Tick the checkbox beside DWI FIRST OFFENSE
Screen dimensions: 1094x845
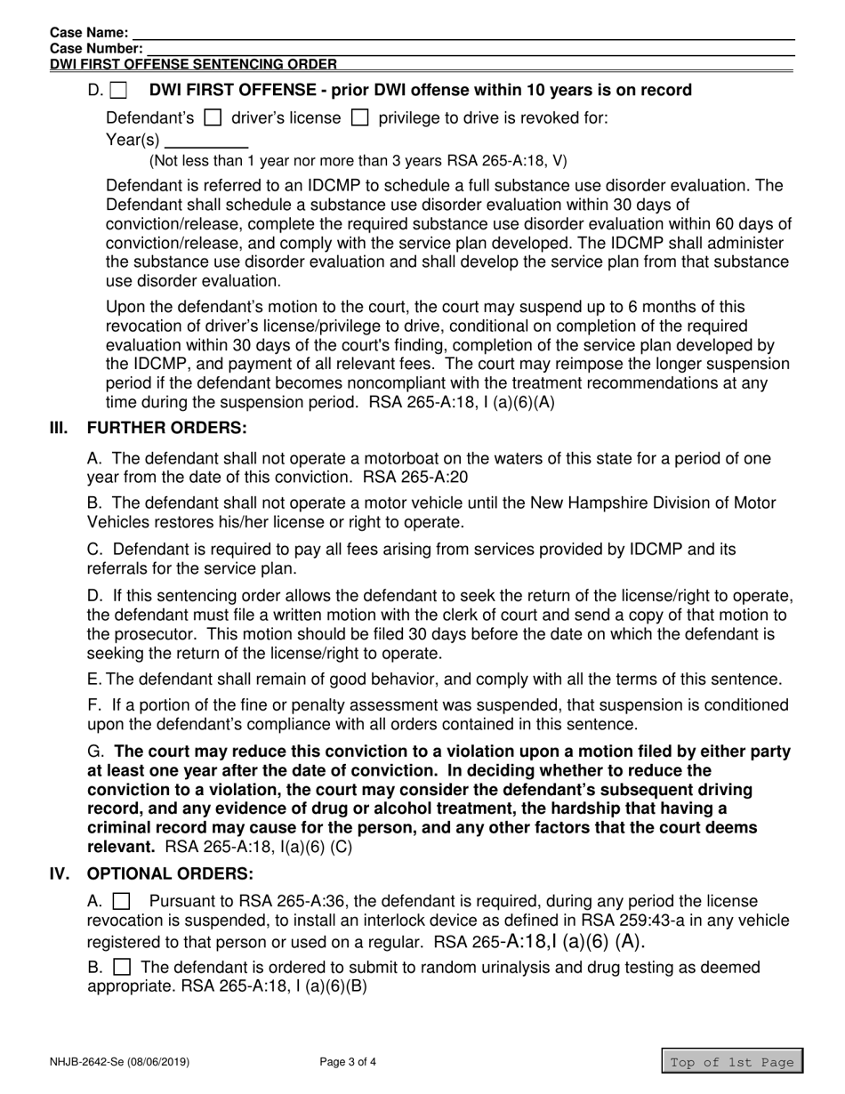[x=119, y=91]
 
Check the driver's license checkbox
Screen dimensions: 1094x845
[x=213, y=117]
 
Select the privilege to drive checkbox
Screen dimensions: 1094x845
[x=360, y=117]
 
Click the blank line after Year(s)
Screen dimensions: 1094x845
[x=206, y=141]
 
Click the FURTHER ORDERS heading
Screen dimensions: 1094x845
[x=166, y=428]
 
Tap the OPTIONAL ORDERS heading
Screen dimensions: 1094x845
[x=170, y=873]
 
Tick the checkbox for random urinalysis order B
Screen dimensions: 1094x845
[x=124, y=967]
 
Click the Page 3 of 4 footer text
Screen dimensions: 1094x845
[x=348, y=1061]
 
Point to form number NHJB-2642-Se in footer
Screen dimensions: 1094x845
[x=119, y=1061]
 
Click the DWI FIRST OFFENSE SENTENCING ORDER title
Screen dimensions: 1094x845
[x=193, y=64]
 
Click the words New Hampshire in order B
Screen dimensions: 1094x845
[x=585, y=503]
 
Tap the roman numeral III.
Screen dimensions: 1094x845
[x=59, y=428]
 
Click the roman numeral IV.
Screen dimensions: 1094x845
[x=59, y=873]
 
